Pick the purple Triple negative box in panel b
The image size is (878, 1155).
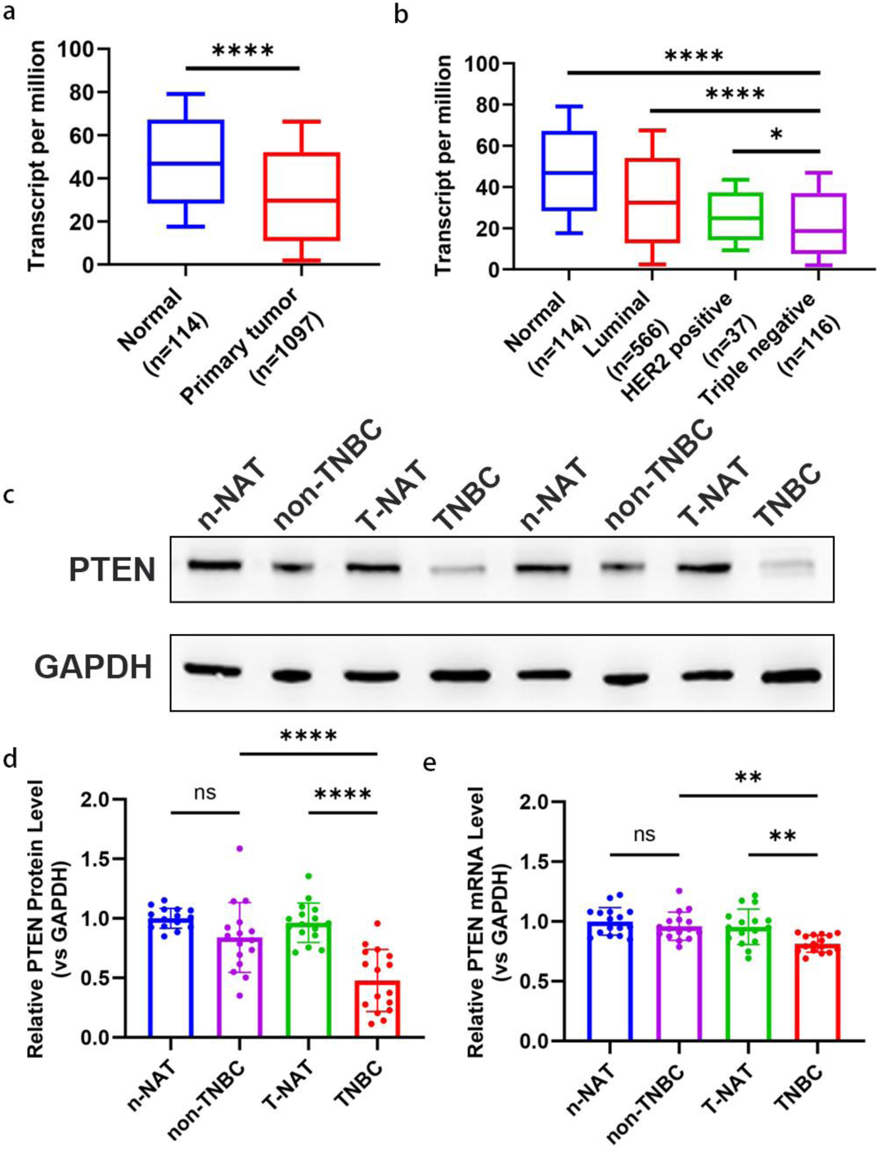[819, 223]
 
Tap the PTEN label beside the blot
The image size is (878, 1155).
[112, 570]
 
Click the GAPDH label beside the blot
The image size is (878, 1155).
[94, 667]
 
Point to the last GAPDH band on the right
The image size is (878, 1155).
[791, 676]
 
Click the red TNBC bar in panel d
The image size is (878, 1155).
[378, 1008]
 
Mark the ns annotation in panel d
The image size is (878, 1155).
[205, 793]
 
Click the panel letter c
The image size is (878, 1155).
[9, 495]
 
